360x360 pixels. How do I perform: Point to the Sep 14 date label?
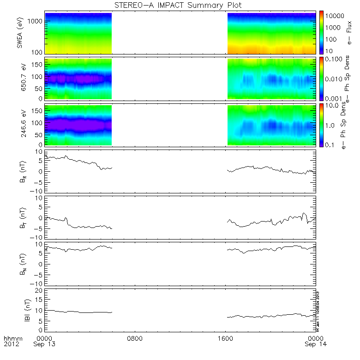(x=316, y=344)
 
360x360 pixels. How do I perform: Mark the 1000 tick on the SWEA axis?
(x=37, y=22)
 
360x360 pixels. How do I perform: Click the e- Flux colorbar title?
(x=349, y=33)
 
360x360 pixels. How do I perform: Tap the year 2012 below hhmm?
(x=12, y=344)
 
